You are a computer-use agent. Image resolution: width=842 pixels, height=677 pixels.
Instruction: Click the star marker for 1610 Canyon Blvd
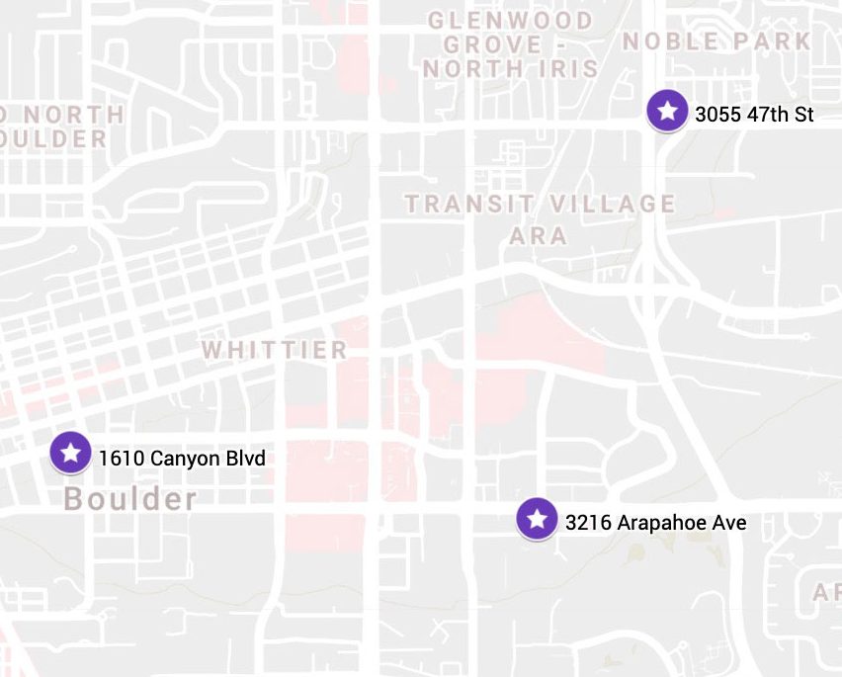pyautogui.click(x=70, y=453)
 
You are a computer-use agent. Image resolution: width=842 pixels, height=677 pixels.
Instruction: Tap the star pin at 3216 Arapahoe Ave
pyautogui.click(x=537, y=517)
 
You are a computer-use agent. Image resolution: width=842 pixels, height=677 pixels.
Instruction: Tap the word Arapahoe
pyautogui.click(x=658, y=523)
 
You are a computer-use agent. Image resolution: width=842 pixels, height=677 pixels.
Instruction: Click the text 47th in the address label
pyautogui.click(x=767, y=115)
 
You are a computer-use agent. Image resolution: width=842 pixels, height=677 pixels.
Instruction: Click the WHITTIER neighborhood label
pyautogui.click(x=275, y=350)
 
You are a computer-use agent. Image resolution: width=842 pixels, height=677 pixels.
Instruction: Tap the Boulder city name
pyautogui.click(x=130, y=499)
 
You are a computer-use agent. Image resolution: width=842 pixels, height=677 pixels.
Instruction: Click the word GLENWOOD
pyautogui.click(x=510, y=21)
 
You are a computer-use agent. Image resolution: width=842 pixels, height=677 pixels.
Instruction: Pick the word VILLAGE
pyautogui.click(x=614, y=205)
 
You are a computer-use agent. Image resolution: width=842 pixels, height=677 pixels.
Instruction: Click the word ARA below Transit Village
pyautogui.click(x=539, y=236)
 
